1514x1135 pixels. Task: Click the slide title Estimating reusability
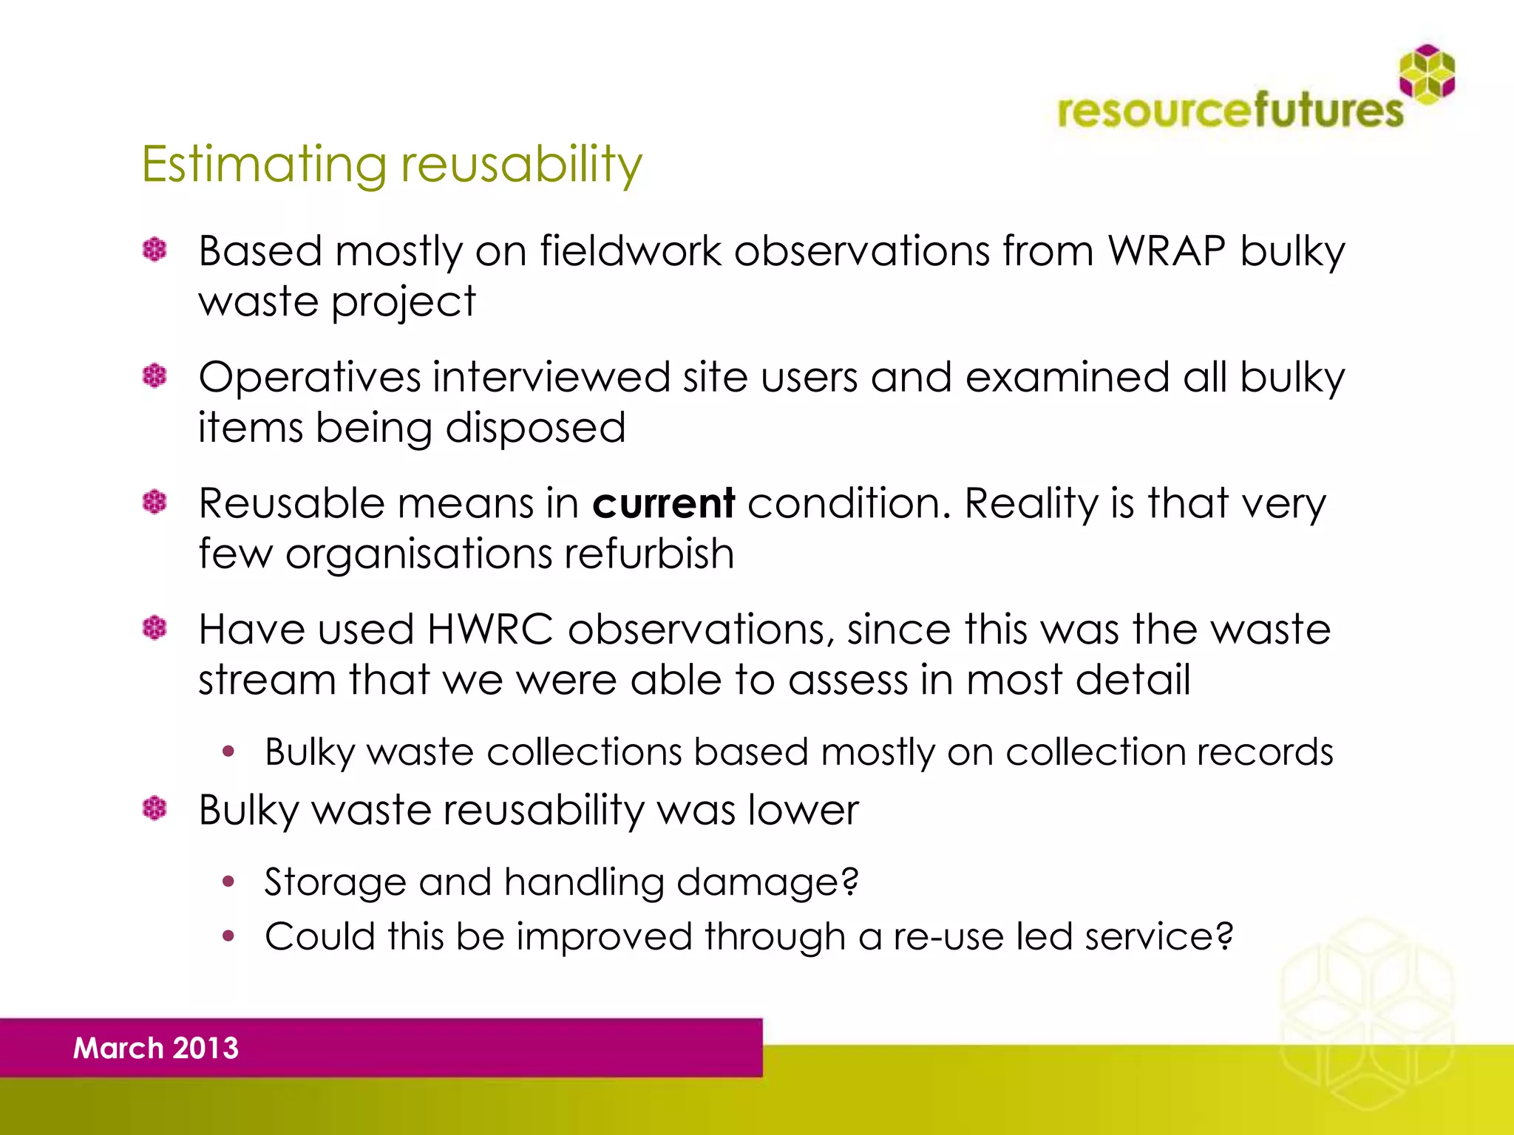coord(392,164)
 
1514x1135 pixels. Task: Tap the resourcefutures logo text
coord(1230,111)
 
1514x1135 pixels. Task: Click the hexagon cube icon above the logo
coord(1427,72)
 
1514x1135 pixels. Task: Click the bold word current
coord(663,504)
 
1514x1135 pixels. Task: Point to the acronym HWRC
coord(489,630)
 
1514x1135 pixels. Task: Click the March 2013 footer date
coord(156,1048)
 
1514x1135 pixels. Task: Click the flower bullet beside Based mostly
coord(155,250)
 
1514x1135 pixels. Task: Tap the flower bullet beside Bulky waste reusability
coord(155,808)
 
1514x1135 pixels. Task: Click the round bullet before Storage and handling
coord(228,881)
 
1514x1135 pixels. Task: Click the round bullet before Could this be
coord(228,936)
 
